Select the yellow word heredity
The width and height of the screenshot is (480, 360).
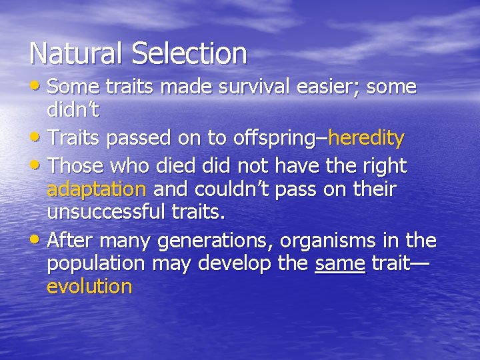366,139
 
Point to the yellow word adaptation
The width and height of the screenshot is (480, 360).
96,189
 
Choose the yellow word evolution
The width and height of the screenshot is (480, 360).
89,287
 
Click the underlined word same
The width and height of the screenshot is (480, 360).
340,263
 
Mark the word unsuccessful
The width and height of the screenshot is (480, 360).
106,213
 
